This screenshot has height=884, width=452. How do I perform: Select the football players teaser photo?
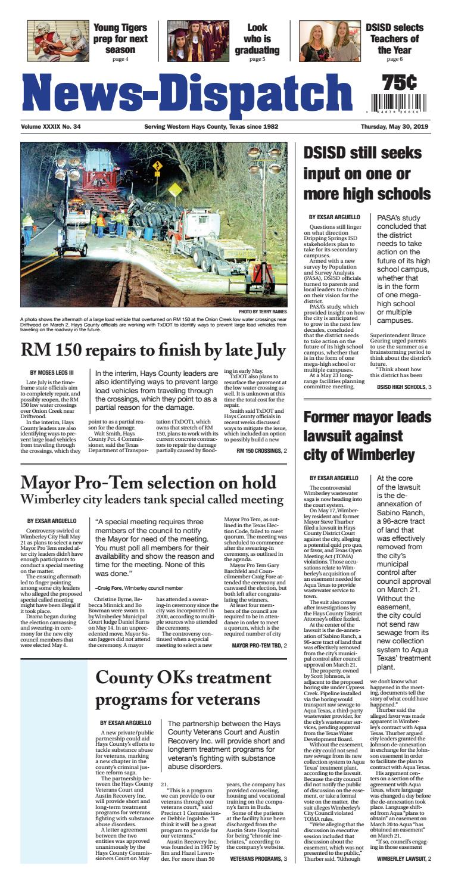click(x=58, y=41)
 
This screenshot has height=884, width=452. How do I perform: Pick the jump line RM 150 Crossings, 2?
click(x=262, y=451)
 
